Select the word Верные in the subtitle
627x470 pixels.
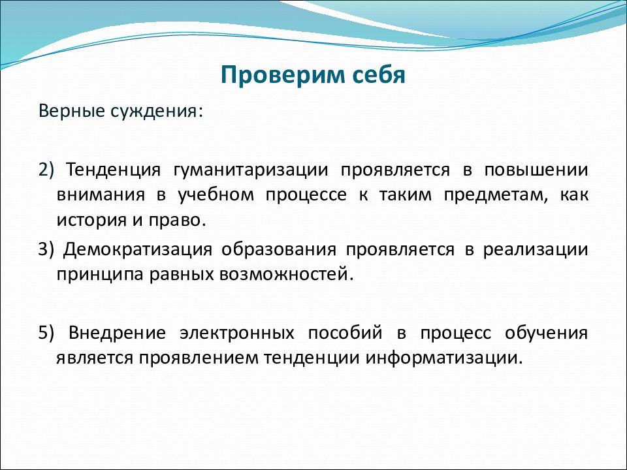[x=72, y=111]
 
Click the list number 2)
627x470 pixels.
[x=46, y=170]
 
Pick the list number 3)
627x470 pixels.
[x=46, y=249]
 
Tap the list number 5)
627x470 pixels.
[x=46, y=333]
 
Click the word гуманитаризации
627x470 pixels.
[x=250, y=170]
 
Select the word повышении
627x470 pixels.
[x=536, y=170]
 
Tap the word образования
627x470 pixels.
[x=279, y=249]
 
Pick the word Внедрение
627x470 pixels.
[x=117, y=333]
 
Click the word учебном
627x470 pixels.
[x=216, y=195]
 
